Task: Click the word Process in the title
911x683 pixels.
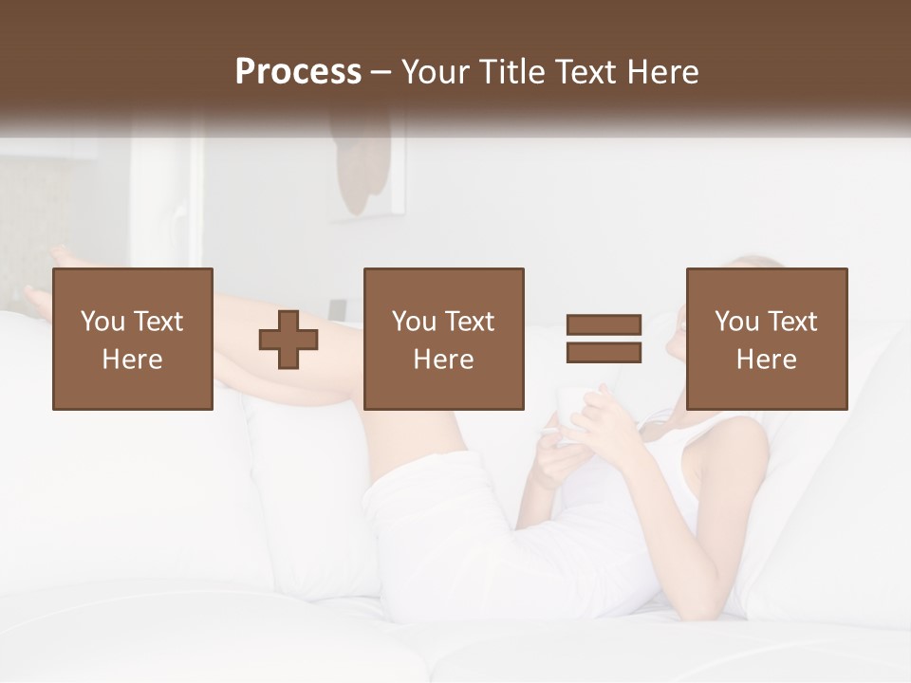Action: click(298, 72)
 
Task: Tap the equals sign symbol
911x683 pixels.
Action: click(604, 339)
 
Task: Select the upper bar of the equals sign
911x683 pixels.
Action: click(604, 325)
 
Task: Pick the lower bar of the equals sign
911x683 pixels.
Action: click(604, 352)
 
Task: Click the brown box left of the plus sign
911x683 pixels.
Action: click(133, 339)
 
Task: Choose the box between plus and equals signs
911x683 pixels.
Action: click(443, 339)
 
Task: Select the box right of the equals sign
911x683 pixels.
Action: click(766, 339)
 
